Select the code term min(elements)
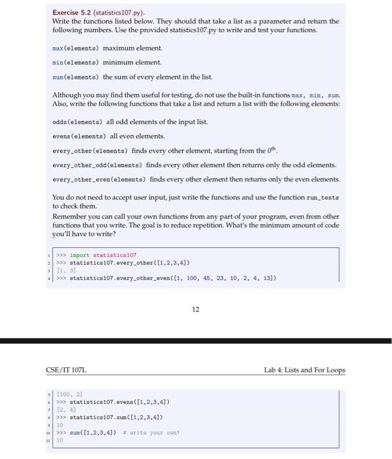pyautogui.click(x=75, y=62)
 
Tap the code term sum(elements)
pyautogui.click(x=75, y=77)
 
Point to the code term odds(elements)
pyautogui.click(x=77, y=121)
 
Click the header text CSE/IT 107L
pyautogui.click(x=68, y=370)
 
